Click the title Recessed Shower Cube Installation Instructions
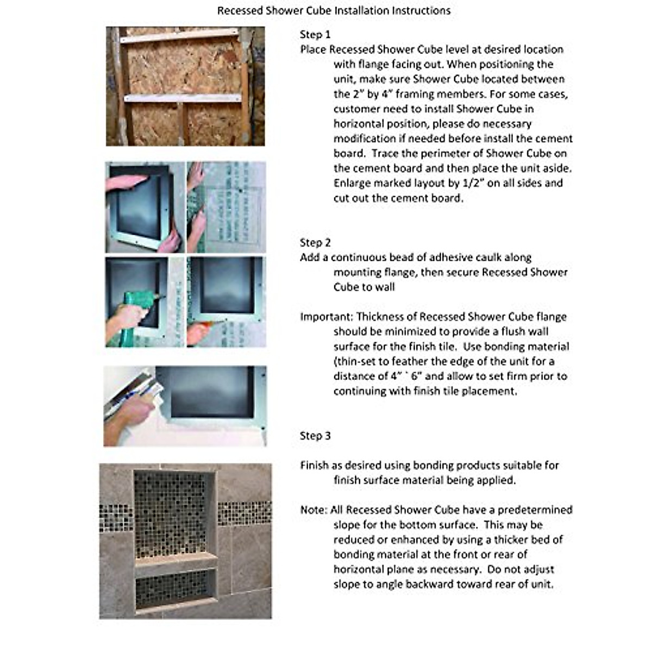334,10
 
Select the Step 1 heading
315,35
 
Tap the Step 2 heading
315,243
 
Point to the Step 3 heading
315,436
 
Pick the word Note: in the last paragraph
314,510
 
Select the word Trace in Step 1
385,153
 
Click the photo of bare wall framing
185,86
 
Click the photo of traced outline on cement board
226,207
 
